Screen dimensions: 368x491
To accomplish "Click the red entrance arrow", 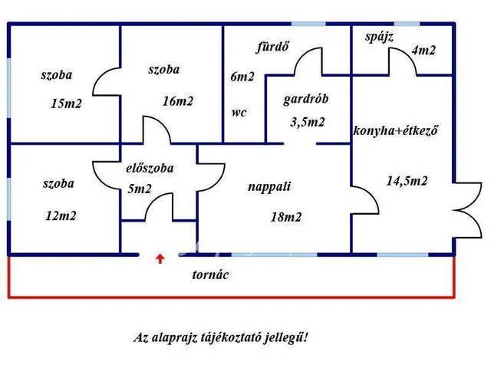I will click(160, 258).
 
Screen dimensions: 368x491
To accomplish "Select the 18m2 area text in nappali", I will click(285, 217).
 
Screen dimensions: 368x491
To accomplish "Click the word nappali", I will click(269, 186).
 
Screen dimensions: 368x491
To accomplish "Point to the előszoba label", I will click(150, 168).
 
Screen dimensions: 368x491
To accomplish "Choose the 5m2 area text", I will click(139, 189).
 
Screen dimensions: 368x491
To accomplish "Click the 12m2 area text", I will click(61, 215).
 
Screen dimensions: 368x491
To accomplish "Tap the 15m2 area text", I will click(66, 103).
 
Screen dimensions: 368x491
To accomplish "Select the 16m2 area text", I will click(178, 100).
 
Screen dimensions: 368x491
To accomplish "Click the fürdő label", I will click(272, 46).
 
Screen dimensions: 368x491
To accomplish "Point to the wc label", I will click(239, 111).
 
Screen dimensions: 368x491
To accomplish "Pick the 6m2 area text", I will click(242, 77).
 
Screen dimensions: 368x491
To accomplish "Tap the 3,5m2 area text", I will click(308, 121).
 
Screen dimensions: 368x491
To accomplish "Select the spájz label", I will click(379, 36).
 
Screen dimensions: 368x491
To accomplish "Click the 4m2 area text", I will click(423, 51).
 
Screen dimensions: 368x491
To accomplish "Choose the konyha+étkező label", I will click(395, 130).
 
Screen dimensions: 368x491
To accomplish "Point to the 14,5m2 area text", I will click(407, 181).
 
